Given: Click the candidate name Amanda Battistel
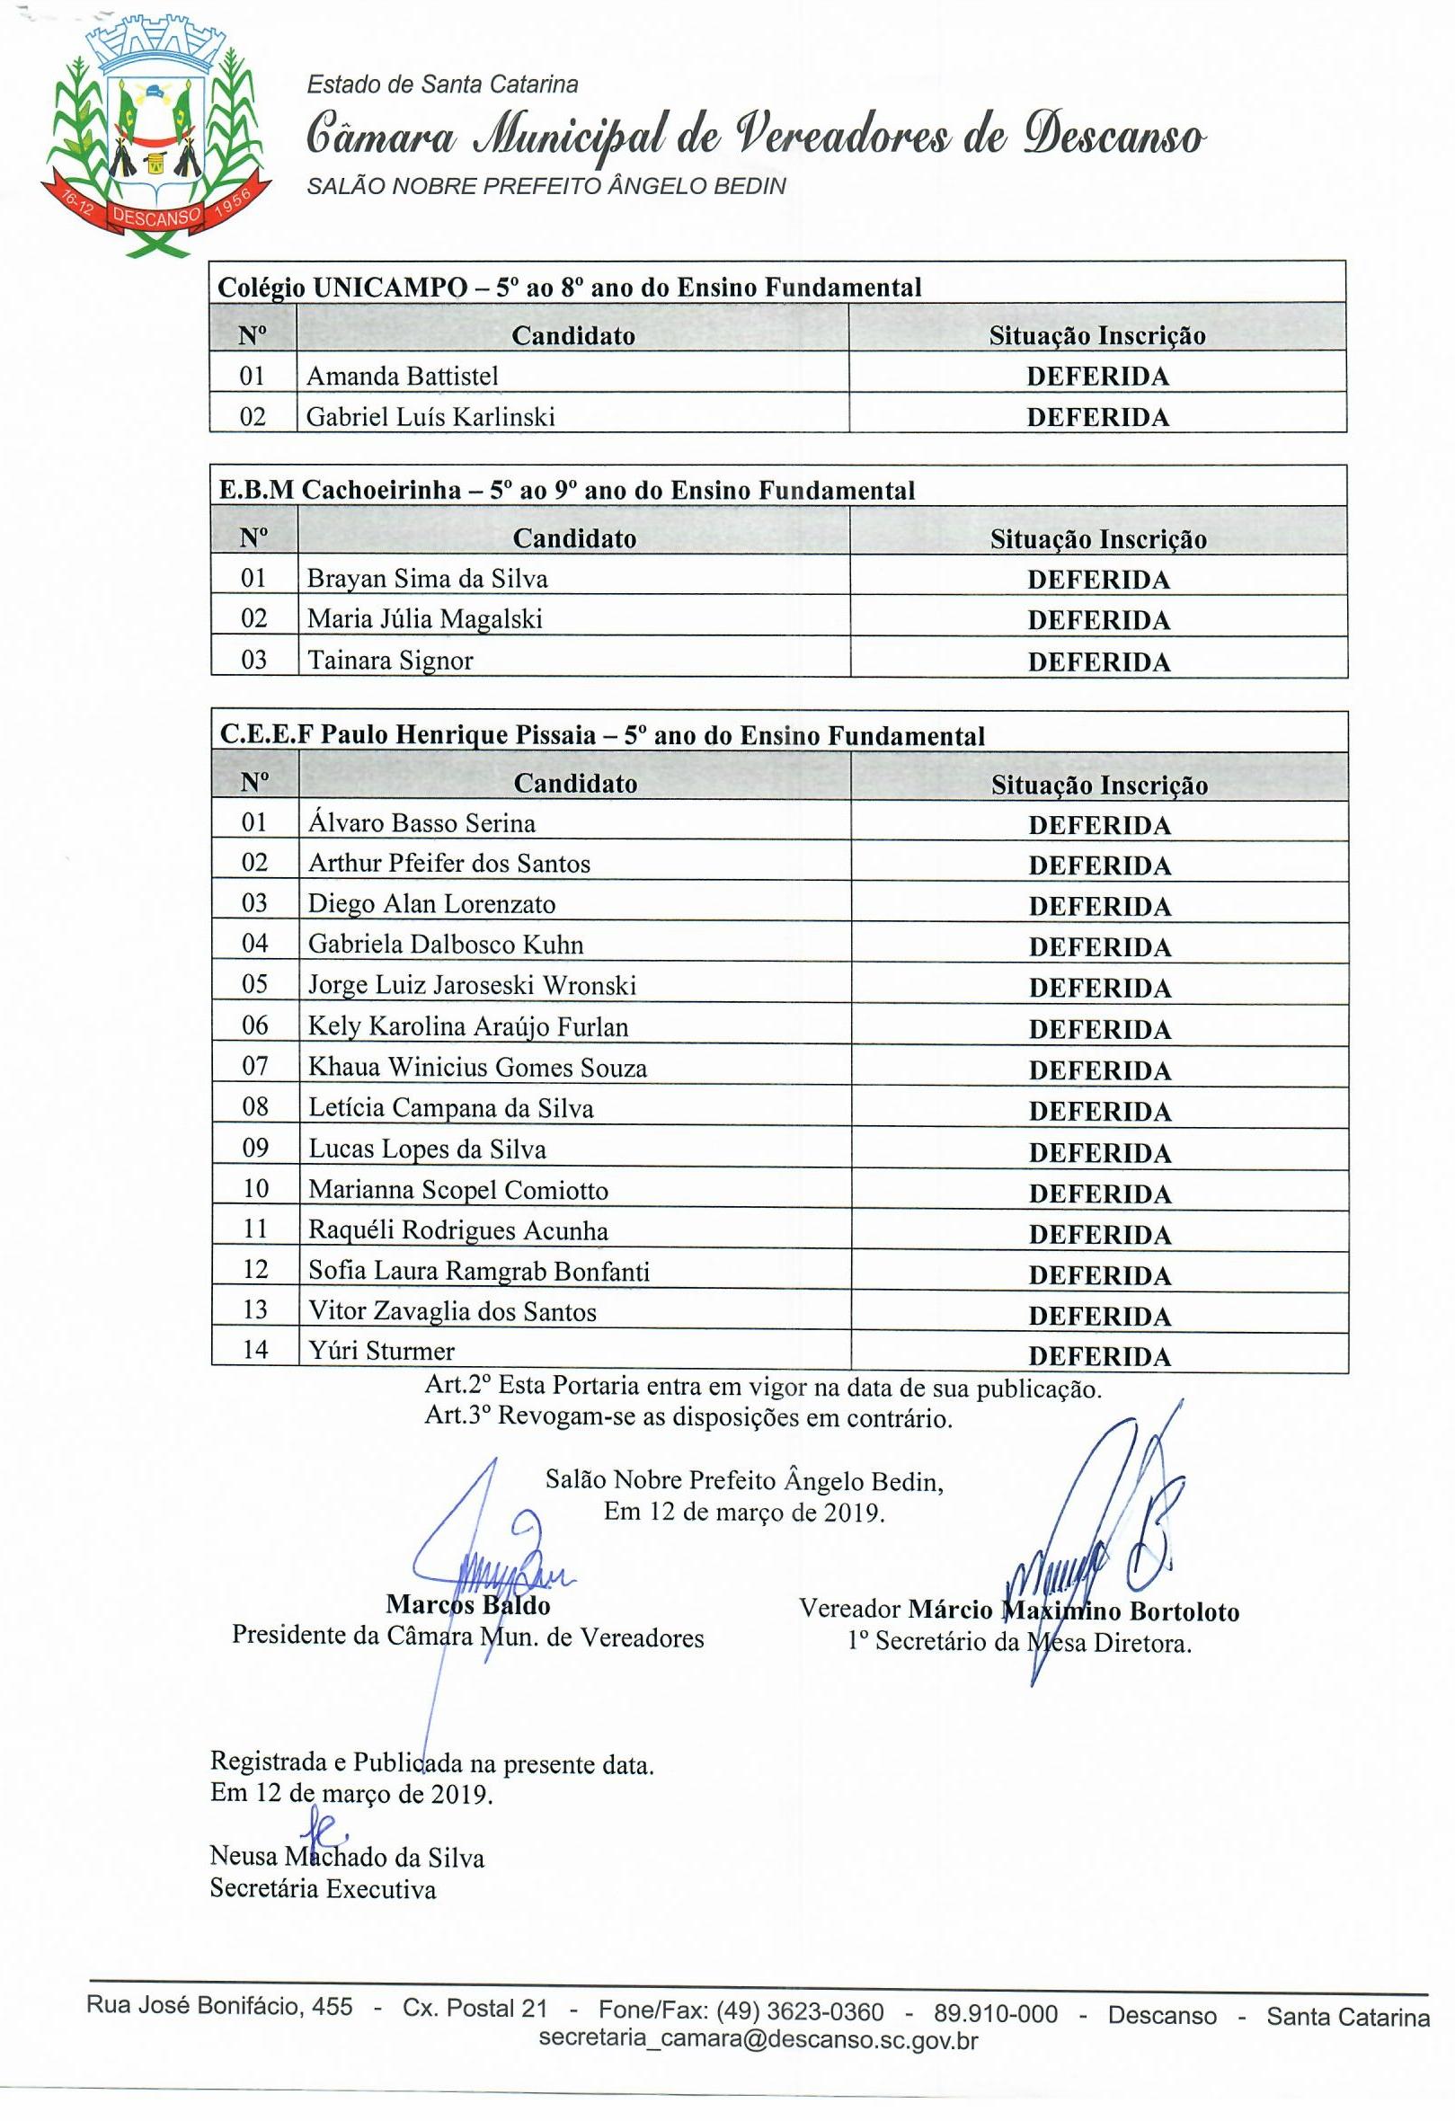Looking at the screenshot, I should point(402,376).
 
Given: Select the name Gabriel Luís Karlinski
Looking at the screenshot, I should point(430,417).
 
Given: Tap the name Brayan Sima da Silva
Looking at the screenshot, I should point(426,579).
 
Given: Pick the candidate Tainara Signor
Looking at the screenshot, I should point(390,660).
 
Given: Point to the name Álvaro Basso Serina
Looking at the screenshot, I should point(421,823).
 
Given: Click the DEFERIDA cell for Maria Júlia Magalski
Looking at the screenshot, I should point(1098,621).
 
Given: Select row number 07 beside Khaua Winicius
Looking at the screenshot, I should point(254,1066).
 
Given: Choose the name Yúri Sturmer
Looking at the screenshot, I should point(381,1351).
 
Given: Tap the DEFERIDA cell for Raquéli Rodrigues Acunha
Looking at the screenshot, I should point(1099,1235).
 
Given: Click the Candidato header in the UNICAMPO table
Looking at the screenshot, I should point(572,336).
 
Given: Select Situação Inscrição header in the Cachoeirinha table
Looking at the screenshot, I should point(1098,539).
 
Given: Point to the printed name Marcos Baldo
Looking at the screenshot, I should point(467,1603).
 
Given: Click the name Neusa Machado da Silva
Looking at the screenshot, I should point(347,1857).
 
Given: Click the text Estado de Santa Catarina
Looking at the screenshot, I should point(442,84).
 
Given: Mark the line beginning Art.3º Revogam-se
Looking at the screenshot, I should point(688,1418).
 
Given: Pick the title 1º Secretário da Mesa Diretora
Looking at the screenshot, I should point(1019,1643).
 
